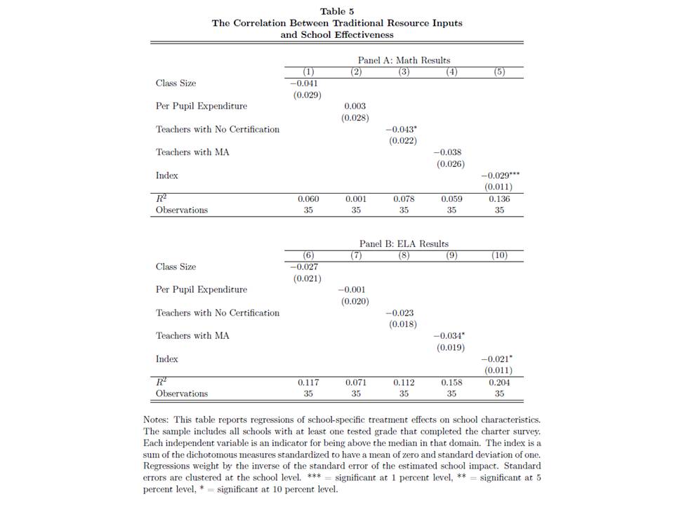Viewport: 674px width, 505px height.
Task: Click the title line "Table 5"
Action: click(x=337, y=11)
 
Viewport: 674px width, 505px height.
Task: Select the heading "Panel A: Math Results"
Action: click(x=404, y=60)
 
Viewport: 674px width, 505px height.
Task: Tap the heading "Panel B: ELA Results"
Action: click(x=404, y=244)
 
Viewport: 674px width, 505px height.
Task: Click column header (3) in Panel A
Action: click(x=404, y=72)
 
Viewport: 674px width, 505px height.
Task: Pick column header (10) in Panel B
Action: click(x=499, y=255)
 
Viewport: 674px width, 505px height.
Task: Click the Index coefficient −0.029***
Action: click(x=500, y=175)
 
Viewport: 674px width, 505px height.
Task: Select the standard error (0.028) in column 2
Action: click(x=355, y=118)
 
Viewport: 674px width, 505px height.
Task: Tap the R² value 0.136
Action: click(x=499, y=199)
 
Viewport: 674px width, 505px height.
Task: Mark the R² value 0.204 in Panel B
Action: click(x=499, y=383)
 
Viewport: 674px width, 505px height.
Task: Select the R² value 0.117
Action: click(x=308, y=383)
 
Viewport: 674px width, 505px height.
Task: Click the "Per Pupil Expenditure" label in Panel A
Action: click(x=201, y=106)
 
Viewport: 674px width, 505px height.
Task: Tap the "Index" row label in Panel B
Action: click(x=167, y=359)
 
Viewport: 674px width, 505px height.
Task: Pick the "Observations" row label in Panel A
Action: click(x=182, y=210)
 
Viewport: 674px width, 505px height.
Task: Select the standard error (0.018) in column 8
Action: click(x=403, y=324)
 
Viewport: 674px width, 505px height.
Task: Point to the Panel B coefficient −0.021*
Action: click(x=498, y=359)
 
